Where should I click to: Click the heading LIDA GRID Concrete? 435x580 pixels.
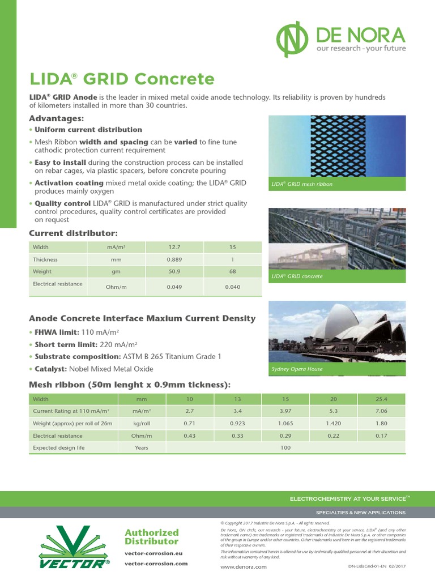(122, 79)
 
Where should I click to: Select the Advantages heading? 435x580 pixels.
(56, 118)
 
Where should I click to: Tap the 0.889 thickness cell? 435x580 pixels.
(174, 259)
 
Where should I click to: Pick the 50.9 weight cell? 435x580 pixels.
(174, 272)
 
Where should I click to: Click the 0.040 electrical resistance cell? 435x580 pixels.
(232, 287)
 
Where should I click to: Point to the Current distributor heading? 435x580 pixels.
(73, 233)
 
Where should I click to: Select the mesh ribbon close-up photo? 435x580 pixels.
(337, 146)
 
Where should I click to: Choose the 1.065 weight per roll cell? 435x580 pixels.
(285, 423)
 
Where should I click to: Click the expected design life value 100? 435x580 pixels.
(285, 447)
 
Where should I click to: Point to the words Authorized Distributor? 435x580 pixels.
(151, 537)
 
